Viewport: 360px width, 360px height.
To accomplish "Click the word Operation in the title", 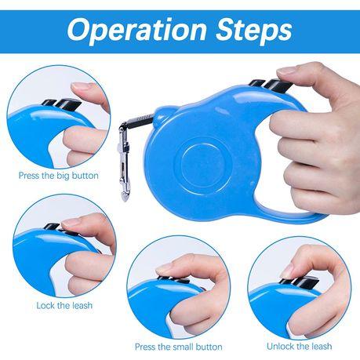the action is point(137,31).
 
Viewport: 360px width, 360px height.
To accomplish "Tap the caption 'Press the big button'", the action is point(59,176).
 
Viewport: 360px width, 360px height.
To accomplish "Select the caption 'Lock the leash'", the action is point(64,305).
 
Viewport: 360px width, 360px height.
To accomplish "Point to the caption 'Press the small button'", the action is point(179,347).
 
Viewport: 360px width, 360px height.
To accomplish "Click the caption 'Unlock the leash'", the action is point(300,347).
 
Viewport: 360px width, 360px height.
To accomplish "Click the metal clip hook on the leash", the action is point(124,159).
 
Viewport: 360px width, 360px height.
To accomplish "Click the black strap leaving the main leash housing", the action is point(140,121).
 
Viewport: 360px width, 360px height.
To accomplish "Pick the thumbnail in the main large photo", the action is point(288,70).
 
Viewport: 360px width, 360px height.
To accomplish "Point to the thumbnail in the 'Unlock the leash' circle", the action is point(286,272).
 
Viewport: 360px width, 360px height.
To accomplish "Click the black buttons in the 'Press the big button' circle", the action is point(62,104).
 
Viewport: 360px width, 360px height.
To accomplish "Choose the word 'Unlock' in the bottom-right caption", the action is point(282,347).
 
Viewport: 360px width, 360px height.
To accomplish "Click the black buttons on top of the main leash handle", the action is point(269,85).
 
